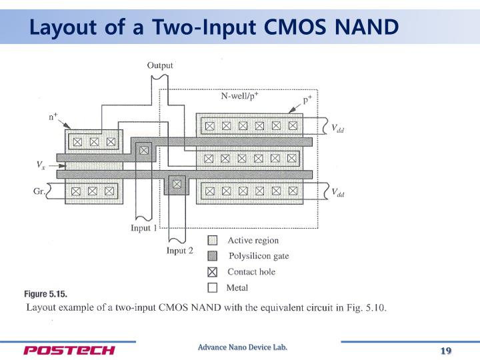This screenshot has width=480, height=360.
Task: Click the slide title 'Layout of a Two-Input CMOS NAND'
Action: (213, 27)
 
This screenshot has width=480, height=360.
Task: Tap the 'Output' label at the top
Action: (160, 65)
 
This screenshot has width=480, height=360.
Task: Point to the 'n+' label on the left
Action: (54, 117)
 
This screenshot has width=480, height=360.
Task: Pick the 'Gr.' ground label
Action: (39, 191)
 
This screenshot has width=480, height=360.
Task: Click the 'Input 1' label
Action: (144, 229)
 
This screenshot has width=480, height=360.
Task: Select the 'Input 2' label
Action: (180, 251)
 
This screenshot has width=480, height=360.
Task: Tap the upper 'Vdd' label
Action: (338, 129)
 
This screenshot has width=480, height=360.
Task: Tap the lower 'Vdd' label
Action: (338, 193)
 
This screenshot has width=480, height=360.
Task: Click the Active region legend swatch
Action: (213, 241)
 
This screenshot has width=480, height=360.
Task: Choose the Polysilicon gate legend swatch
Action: (213, 256)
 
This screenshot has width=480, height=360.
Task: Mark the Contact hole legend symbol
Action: (213, 272)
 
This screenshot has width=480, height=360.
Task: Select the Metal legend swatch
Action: (213, 288)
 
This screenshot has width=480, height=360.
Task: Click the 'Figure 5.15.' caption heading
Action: (46, 294)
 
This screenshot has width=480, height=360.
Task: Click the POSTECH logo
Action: (69, 351)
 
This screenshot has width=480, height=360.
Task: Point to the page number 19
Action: (446, 351)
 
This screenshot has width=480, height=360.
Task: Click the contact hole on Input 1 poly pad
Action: (143, 149)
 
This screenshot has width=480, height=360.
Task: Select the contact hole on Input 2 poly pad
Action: (176, 183)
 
